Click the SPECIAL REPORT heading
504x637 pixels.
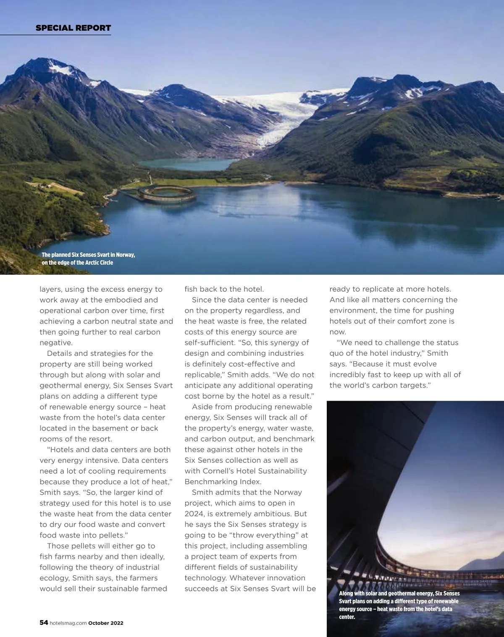pyautogui.click(x=73, y=28)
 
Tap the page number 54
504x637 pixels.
pyautogui.click(x=44, y=623)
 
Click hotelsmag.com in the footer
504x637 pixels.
pyautogui.click(x=68, y=623)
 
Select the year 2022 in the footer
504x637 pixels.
pyautogui.click(x=117, y=623)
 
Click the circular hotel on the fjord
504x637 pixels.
pyautogui.click(x=167, y=194)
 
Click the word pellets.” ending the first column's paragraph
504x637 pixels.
pyautogui.click(x=112, y=535)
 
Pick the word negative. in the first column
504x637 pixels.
pyautogui.click(x=56, y=343)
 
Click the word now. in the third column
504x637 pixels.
pyautogui.click(x=338, y=332)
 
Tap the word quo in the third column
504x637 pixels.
pyautogui.click(x=337, y=353)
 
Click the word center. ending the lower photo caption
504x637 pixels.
pyautogui.click(x=347, y=617)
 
